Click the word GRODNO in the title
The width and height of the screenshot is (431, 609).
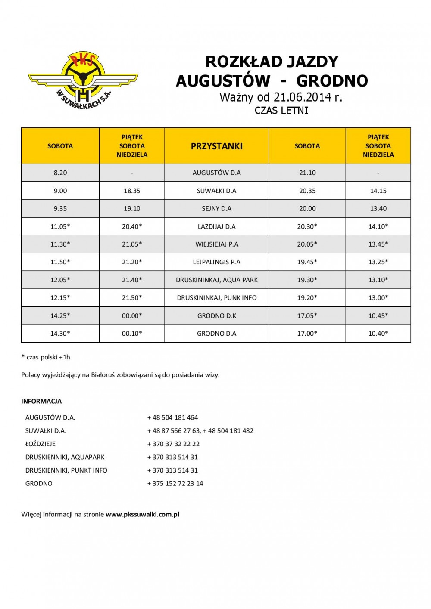[x=332, y=81]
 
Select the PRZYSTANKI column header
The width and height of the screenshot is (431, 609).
[x=216, y=146]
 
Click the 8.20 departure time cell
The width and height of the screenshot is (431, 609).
[x=60, y=173]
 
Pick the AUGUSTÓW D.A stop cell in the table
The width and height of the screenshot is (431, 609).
[x=216, y=173]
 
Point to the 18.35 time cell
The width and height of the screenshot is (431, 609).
[x=132, y=191]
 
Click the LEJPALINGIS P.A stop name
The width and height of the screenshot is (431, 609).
[x=216, y=262]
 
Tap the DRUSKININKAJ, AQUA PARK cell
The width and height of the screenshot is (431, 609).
[x=216, y=280]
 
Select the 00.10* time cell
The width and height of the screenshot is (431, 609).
[x=132, y=333]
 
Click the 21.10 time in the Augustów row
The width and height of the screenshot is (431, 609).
[x=307, y=173]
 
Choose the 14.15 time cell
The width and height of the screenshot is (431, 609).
[x=378, y=191]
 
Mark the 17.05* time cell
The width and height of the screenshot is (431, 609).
[x=307, y=315]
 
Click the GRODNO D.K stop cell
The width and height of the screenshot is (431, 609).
[x=216, y=315]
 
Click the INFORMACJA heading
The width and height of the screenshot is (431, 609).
[x=41, y=401]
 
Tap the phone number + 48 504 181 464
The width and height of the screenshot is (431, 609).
[x=172, y=417]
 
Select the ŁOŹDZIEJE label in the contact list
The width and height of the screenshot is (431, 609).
[x=41, y=444]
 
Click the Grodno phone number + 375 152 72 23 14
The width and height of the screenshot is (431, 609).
[x=175, y=483]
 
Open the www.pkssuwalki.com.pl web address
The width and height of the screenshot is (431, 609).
[x=142, y=514]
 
